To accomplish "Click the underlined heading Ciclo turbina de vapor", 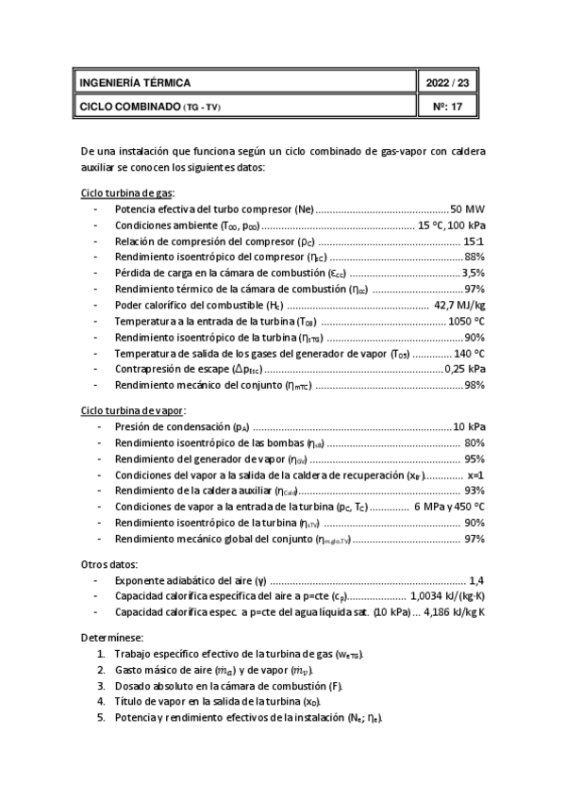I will click(x=133, y=410).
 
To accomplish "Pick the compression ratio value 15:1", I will click(x=474, y=241).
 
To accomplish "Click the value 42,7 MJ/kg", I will click(x=459, y=305).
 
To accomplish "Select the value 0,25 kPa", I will click(x=465, y=369).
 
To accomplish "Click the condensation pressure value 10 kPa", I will click(x=469, y=426).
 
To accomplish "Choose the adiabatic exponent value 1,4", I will click(x=476, y=580).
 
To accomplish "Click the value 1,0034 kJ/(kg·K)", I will click(x=448, y=596).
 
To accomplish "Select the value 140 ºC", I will click(x=467, y=353).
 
